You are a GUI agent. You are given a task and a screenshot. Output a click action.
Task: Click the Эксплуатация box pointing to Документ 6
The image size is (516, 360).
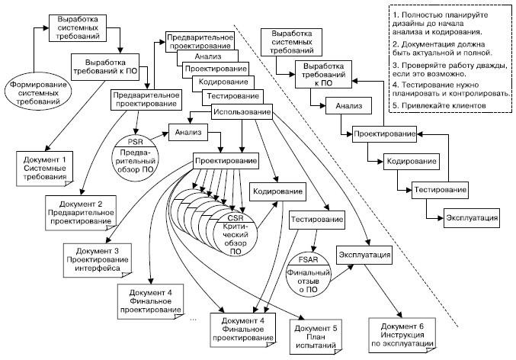coord(364,254)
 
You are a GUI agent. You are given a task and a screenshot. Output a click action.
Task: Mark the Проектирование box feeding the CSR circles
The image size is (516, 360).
coord(226,162)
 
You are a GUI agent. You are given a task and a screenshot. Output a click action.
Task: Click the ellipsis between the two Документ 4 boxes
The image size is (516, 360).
coord(193,316)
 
